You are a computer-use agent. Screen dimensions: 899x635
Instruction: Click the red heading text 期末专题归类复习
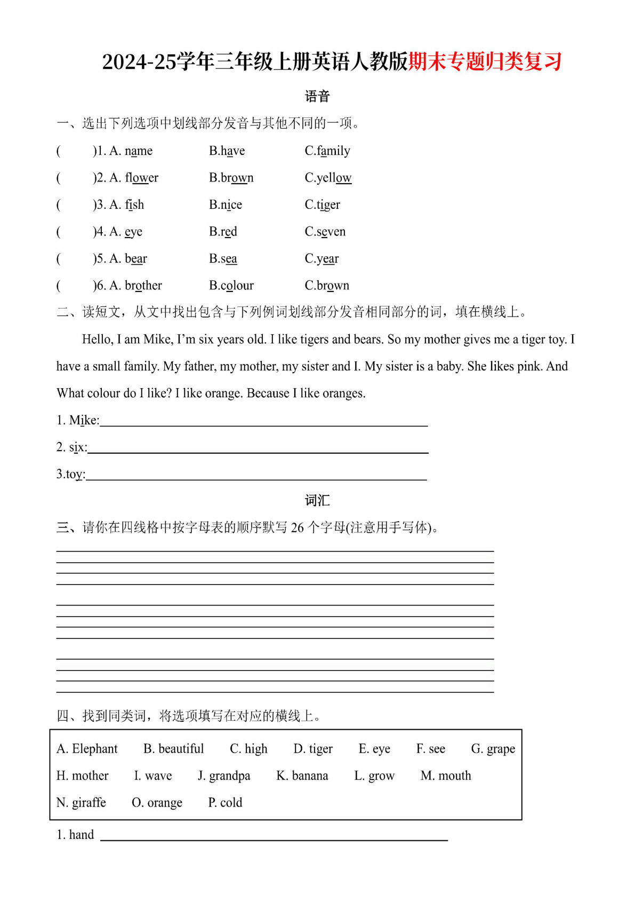click(485, 61)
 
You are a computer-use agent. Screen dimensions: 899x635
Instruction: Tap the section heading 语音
click(317, 97)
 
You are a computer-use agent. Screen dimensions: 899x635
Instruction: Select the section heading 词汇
click(317, 500)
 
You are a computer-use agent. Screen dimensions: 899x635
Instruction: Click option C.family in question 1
click(327, 151)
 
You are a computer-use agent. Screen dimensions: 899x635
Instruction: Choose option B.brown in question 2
click(231, 178)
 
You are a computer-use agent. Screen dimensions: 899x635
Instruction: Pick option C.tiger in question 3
click(322, 205)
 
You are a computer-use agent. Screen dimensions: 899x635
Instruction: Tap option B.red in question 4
click(223, 232)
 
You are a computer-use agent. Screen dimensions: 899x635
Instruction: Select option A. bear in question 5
click(128, 259)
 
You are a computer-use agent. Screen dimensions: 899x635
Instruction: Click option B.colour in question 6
click(231, 286)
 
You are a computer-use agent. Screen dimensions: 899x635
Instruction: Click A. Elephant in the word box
click(87, 749)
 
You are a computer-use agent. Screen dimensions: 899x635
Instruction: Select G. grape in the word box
click(493, 749)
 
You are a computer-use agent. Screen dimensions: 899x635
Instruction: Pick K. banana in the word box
click(302, 776)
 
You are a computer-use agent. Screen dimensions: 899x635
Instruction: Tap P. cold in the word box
click(225, 802)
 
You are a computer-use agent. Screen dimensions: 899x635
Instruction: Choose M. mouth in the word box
click(446, 776)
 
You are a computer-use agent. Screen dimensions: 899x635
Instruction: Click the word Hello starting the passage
click(98, 340)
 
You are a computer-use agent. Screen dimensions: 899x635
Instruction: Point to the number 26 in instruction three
click(297, 528)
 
